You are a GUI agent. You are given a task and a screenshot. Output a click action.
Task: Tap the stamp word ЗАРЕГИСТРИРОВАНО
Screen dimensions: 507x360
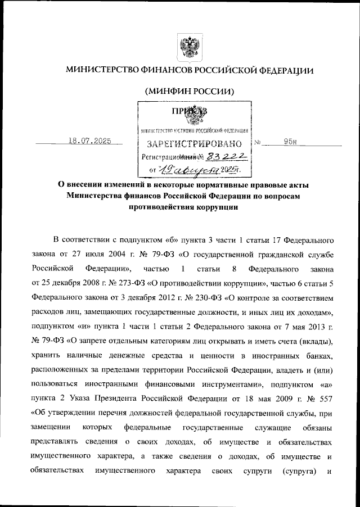coord(195,144)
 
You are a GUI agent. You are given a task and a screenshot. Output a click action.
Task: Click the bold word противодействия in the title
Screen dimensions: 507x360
coord(162,206)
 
